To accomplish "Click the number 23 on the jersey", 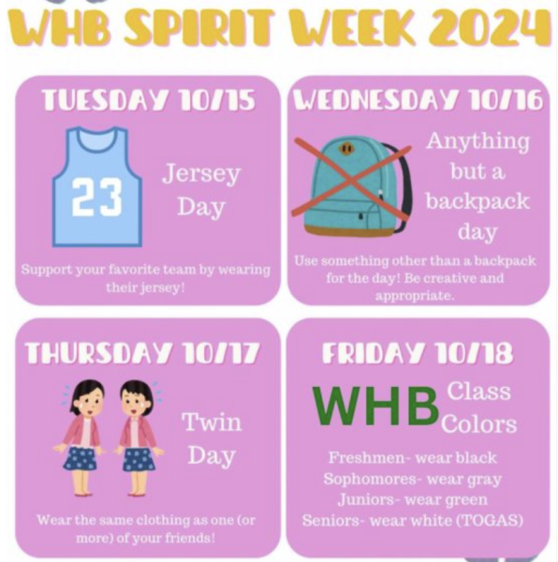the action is point(96,197).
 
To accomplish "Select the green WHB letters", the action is point(375,406).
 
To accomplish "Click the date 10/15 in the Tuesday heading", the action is point(217,99).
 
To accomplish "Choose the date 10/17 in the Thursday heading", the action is point(220,353).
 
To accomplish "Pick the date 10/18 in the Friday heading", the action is point(475,353).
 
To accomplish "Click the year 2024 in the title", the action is point(491,28).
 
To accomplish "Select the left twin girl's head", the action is point(86,397).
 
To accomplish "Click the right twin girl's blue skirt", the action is point(139,459).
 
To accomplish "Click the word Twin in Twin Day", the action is point(212,421).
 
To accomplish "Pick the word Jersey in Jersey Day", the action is point(201,174).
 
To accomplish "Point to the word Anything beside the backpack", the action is point(477,142).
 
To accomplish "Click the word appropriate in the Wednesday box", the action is point(415,296).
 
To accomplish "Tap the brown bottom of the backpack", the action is point(349,230).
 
